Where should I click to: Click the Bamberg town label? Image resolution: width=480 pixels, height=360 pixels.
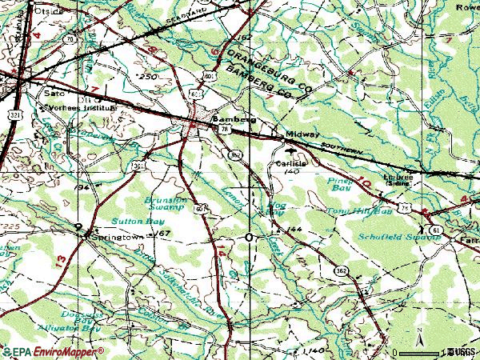pos(234,119)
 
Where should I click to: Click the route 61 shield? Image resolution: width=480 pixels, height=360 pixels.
pos(435,230)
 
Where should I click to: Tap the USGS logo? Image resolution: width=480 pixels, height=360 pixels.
pos(463,351)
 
